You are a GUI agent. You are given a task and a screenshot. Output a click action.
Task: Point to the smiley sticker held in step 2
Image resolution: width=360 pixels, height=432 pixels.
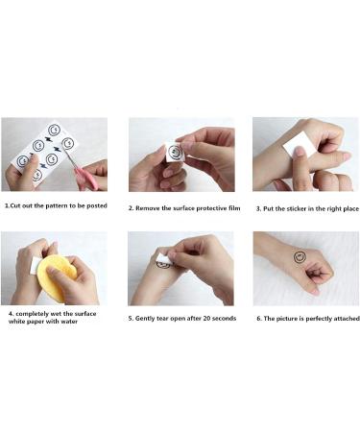point(175,152)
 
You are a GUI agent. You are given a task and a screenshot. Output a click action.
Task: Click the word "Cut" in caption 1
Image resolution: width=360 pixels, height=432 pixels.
point(16,206)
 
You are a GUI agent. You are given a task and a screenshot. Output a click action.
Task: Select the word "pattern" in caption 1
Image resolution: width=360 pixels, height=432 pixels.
point(54,206)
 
